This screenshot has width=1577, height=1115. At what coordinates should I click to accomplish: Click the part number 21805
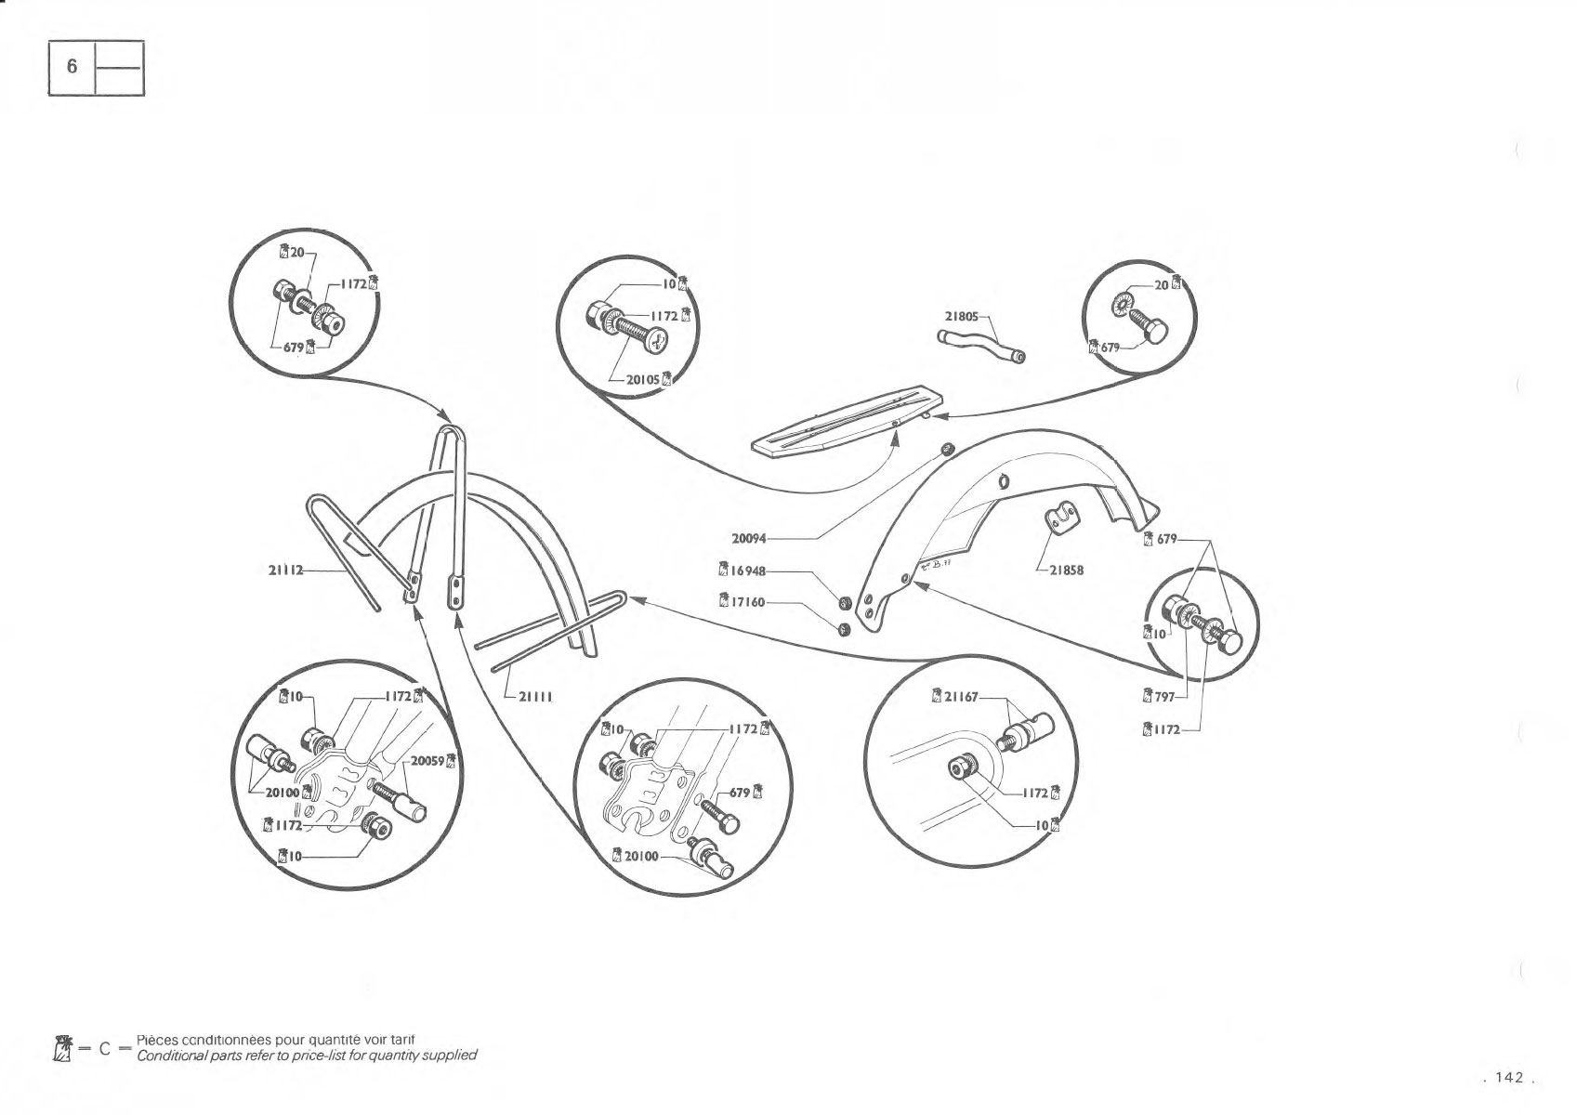point(961,316)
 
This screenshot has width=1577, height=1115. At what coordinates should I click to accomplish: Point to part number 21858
point(1067,571)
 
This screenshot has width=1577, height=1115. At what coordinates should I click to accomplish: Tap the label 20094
point(749,539)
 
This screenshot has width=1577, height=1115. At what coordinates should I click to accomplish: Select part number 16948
point(748,571)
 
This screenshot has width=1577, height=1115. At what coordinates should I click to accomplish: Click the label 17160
point(748,602)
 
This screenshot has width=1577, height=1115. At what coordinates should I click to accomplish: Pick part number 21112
point(286,571)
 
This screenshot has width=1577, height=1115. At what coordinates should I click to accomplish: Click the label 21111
point(536,697)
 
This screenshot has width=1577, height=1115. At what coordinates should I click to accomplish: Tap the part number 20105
point(643,380)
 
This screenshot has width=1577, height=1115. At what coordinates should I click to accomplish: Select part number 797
point(1165,697)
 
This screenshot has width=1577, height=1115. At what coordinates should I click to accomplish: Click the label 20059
point(428,761)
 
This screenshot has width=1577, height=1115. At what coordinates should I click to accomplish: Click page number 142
point(1509,1078)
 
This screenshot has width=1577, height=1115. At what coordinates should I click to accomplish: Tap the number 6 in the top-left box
point(72,67)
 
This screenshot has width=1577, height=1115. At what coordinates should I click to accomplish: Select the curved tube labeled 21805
point(981,346)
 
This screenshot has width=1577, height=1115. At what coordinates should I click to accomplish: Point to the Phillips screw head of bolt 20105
point(657,342)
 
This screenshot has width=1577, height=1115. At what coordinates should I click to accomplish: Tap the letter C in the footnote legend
point(105,1049)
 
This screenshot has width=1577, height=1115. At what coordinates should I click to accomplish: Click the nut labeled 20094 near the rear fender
point(948,449)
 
